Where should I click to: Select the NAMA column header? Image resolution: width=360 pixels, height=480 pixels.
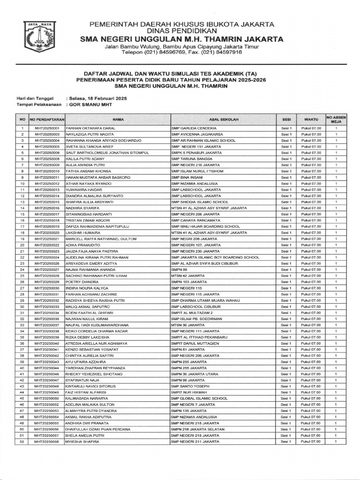(118, 120)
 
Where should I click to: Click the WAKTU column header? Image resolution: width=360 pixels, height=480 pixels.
(311, 120)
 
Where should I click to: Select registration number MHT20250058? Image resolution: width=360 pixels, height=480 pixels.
(46, 442)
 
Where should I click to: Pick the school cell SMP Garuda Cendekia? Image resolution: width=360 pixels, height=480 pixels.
(194, 128)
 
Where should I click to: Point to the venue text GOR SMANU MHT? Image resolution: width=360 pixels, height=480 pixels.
(91, 105)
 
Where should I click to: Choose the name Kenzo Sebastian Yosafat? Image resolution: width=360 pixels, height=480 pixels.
(92, 350)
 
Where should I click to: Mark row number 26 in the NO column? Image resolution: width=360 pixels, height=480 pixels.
(22, 282)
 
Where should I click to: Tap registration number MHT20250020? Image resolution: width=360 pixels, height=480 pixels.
(46, 232)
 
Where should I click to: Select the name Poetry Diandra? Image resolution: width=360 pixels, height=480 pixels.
(82, 282)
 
